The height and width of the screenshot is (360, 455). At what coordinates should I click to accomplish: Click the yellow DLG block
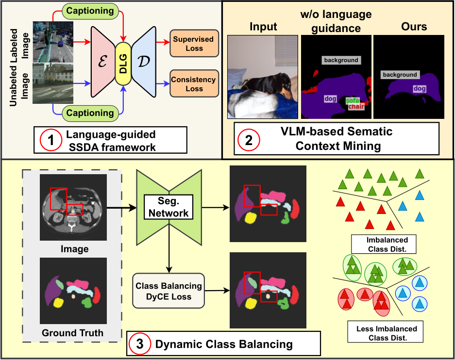[123, 64]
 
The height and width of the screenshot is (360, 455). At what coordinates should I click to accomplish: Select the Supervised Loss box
[194, 44]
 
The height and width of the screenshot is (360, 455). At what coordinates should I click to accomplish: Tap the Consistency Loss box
[194, 84]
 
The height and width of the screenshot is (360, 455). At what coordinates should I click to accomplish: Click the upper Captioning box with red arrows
[90, 11]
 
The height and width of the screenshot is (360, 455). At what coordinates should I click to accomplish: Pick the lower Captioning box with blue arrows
[90, 113]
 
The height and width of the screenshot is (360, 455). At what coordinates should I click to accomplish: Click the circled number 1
[51, 140]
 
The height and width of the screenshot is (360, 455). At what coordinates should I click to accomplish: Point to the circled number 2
[249, 140]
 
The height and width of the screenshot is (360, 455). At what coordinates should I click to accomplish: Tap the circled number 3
[140, 344]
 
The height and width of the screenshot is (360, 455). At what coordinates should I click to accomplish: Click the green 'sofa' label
[353, 101]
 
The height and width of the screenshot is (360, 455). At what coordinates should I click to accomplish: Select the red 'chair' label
[356, 107]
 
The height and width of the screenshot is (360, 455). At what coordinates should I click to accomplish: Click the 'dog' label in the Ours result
[420, 88]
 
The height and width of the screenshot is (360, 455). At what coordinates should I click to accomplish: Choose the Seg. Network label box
[169, 207]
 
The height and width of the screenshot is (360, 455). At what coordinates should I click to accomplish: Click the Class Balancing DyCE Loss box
[169, 291]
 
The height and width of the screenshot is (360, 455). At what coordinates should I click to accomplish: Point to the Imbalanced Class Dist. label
[384, 244]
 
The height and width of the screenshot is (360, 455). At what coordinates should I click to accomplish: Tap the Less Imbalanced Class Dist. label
[385, 333]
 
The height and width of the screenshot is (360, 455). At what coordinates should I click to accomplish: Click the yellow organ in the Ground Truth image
[58, 303]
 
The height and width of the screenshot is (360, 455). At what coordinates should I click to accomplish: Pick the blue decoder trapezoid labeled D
[144, 62]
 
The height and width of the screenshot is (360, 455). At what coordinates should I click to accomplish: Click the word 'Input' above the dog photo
[263, 27]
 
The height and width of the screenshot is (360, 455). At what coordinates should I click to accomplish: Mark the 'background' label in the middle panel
[341, 60]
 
